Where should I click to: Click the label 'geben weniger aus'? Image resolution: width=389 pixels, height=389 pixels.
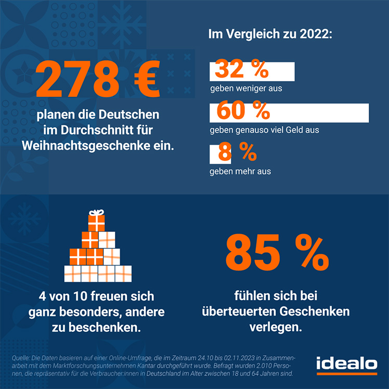pos(246,88)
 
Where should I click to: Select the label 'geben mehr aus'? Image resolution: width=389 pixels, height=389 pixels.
pos(240,171)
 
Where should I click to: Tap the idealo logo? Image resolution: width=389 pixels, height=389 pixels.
pos(347,365)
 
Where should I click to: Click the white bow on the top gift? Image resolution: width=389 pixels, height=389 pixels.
pos(96,212)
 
